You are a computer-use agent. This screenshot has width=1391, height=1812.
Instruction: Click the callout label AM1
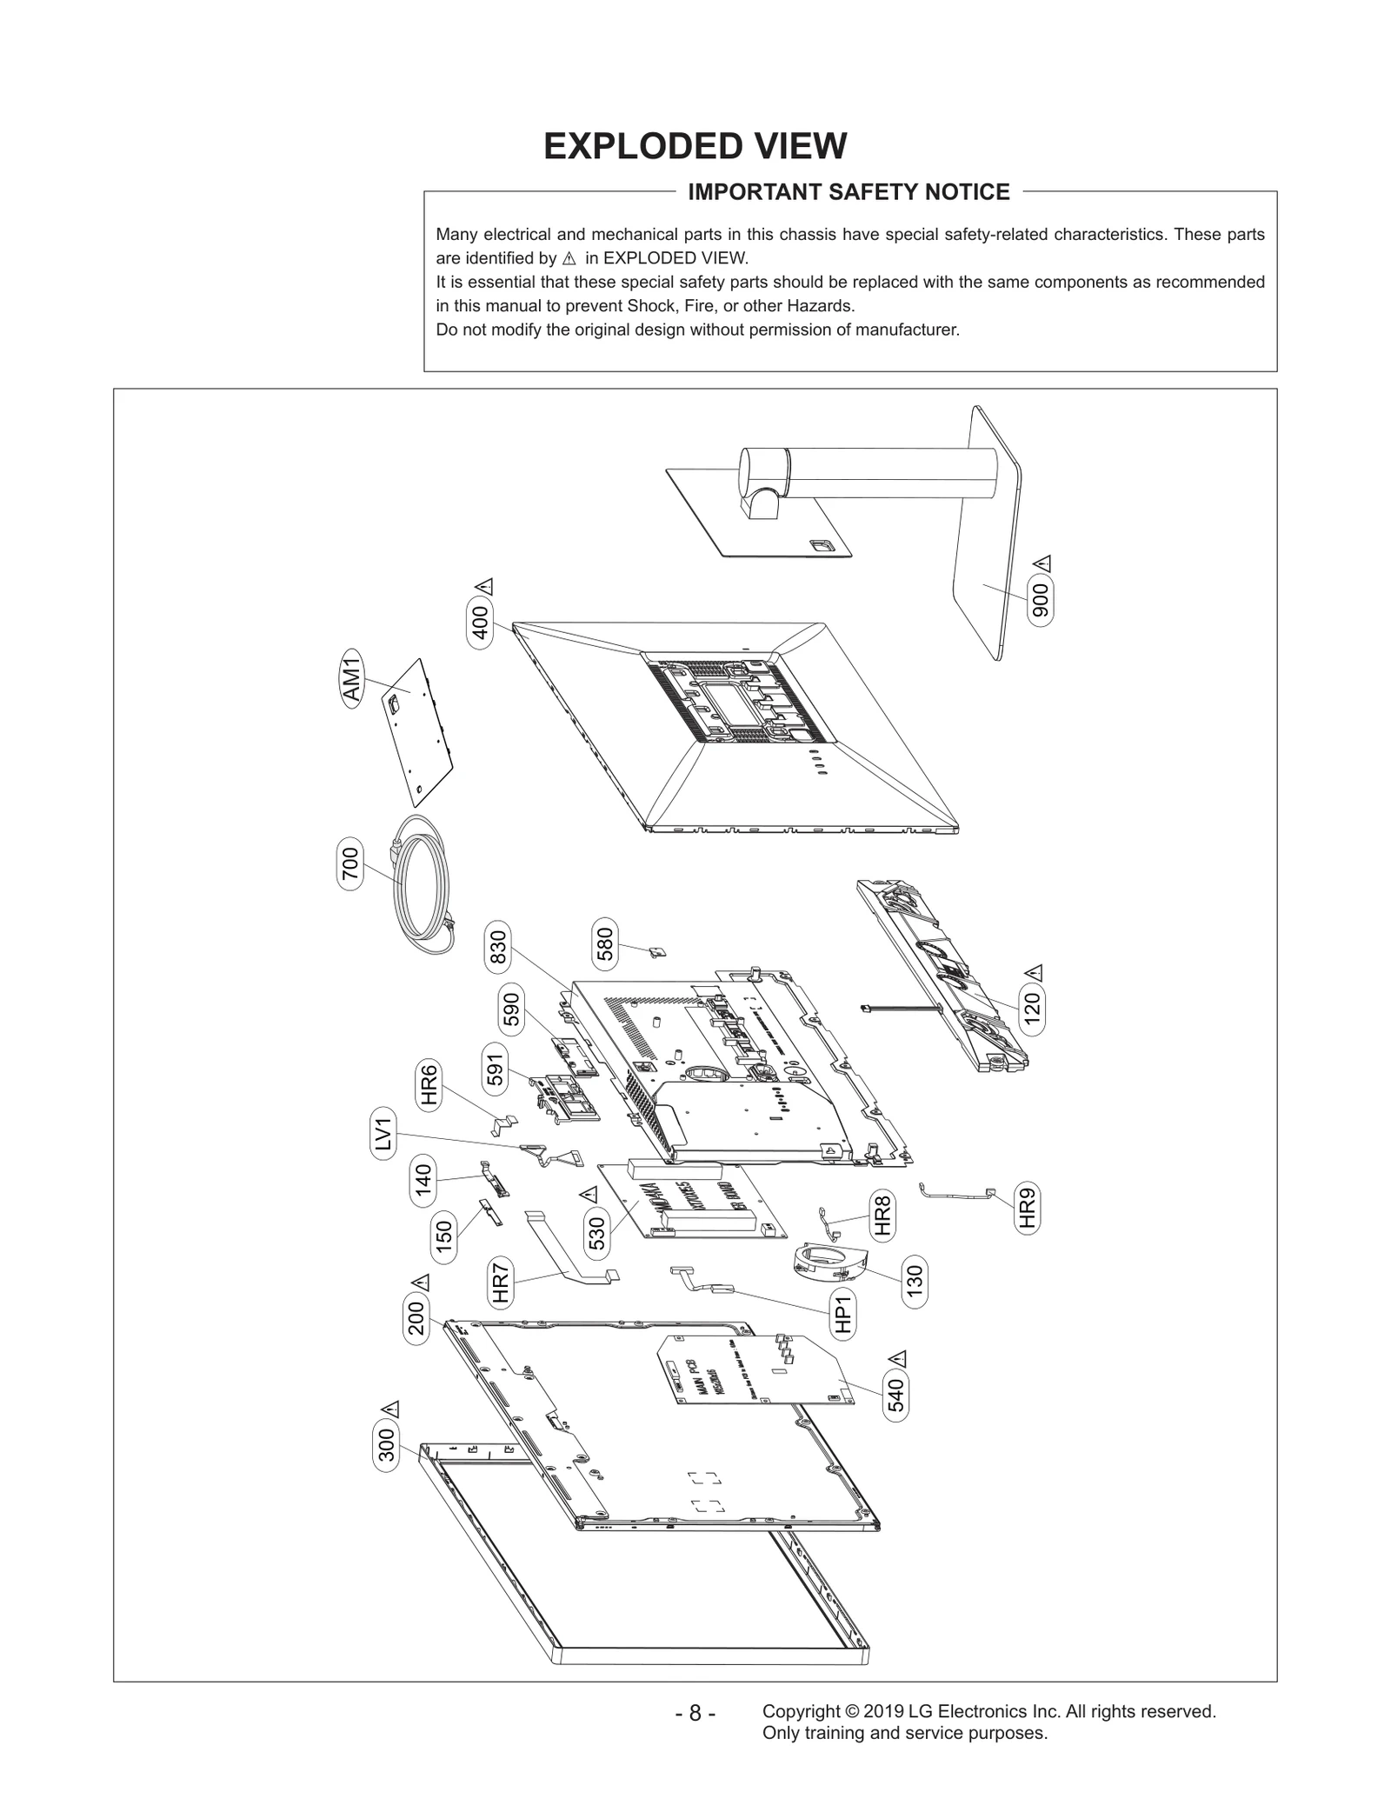(x=351, y=679)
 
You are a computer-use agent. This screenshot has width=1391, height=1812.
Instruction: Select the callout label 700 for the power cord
(x=349, y=864)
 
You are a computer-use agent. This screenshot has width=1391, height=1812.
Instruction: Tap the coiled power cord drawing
(x=422, y=887)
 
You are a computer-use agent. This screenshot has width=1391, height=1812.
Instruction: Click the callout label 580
(x=605, y=943)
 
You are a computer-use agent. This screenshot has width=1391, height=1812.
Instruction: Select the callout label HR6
(x=429, y=1085)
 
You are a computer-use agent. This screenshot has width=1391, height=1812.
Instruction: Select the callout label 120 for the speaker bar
(x=1032, y=1010)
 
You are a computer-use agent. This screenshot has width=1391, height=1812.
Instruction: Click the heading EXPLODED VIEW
(x=695, y=146)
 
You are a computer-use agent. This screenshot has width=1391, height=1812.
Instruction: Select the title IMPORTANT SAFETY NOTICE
(x=849, y=192)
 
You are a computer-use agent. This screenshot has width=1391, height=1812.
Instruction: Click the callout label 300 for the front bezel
(x=387, y=1444)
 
